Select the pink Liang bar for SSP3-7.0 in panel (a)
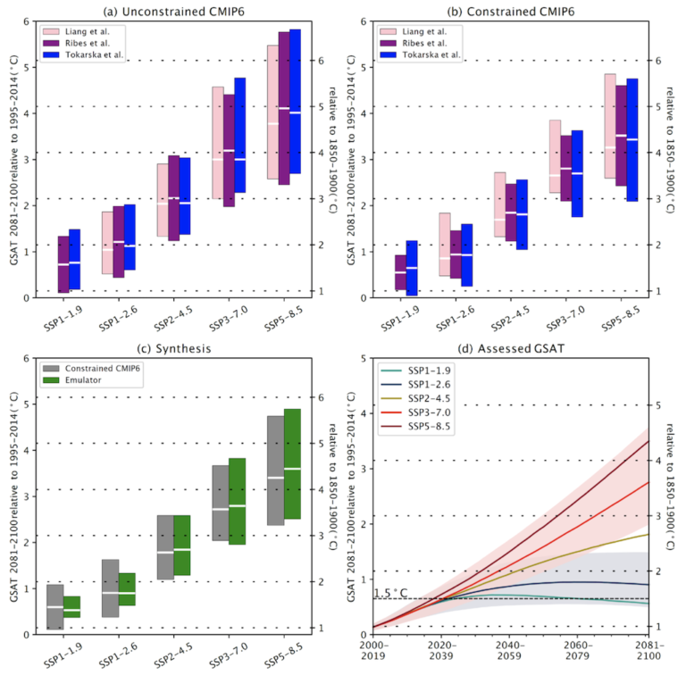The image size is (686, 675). pyautogui.click(x=217, y=142)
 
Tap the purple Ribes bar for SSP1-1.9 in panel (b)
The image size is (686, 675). pyautogui.click(x=400, y=272)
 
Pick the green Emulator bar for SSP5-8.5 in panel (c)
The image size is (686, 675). pyautogui.click(x=295, y=463)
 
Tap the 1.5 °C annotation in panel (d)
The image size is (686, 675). pyautogui.click(x=390, y=593)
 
